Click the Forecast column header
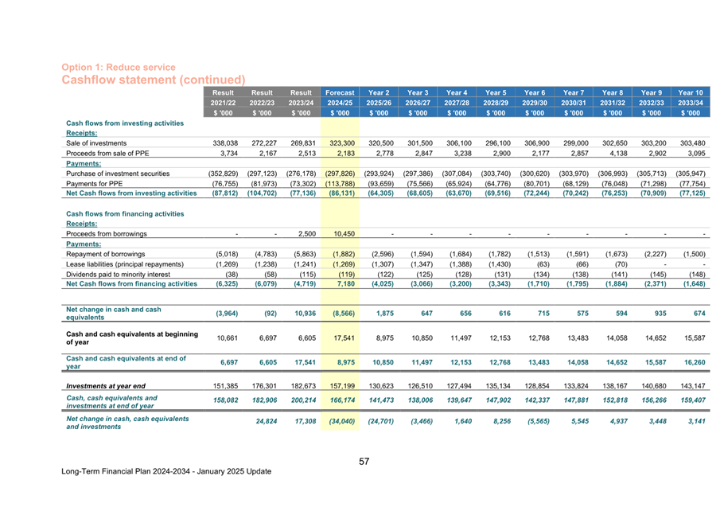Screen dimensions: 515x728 (340, 93)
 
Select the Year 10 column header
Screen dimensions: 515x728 (691, 93)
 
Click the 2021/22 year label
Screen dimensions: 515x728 (224, 103)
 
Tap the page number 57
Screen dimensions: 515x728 (364, 461)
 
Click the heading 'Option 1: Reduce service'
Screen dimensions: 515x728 (119, 68)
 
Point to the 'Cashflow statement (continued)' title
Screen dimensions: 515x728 (153, 80)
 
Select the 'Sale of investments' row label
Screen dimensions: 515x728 (95, 143)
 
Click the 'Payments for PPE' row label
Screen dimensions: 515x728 (92, 182)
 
